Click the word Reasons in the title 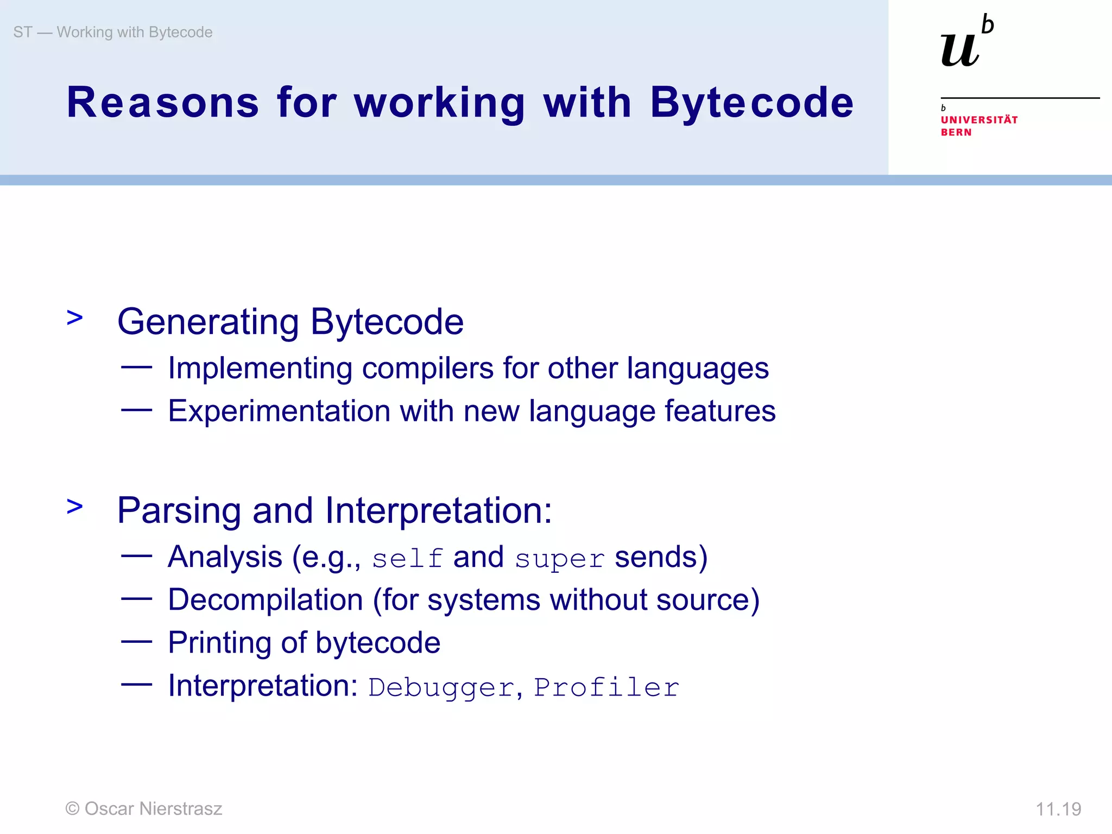(x=163, y=103)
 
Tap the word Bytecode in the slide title (x=751, y=103)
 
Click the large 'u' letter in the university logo (x=960, y=50)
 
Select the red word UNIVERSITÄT (x=979, y=120)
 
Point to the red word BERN (x=956, y=132)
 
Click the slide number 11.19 (x=1058, y=809)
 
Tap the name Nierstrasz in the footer (x=181, y=808)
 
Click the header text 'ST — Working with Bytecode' (x=113, y=33)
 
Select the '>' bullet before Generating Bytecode (x=75, y=318)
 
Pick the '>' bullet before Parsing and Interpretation (x=75, y=506)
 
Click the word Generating (x=208, y=322)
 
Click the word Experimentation (x=279, y=411)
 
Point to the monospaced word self (x=407, y=559)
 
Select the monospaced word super (x=560, y=559)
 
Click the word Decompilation (x=266, y=600)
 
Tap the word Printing (x=219, y=643)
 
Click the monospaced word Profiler (x=606, y=687)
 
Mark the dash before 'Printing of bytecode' (x=136, y=642)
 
